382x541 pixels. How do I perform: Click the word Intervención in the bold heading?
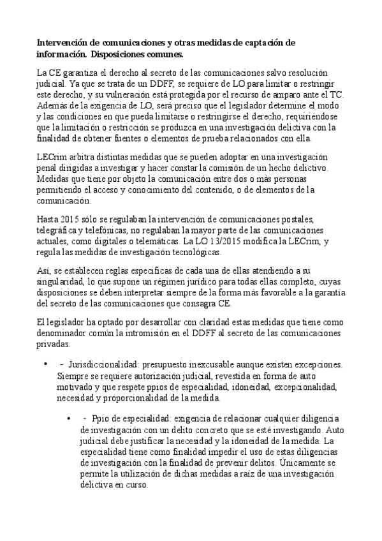pyautogui.click(x=62, y=43)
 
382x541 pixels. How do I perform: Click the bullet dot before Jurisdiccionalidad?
pyautogui.click(x=45, y=365)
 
